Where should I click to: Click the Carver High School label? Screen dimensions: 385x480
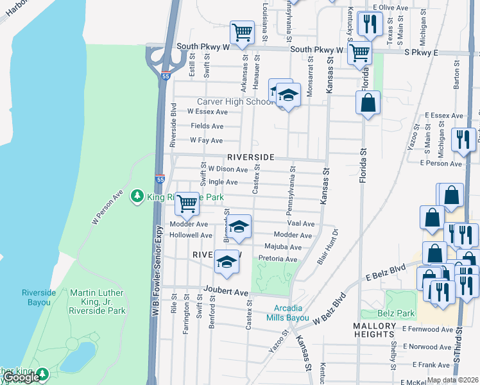click(x=235, y=101)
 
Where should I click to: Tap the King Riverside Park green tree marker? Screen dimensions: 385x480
click(x=137, y=196)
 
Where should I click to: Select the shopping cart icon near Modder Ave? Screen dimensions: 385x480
click(x=187, y=203)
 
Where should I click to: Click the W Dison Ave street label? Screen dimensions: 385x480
click(x=227, y=169)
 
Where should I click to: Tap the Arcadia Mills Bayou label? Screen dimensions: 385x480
click(x=288, y=312)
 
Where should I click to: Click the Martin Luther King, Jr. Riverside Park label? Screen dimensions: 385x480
click(x=98, y=302)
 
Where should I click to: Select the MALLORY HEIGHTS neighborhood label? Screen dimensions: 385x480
click(x=373, y=330)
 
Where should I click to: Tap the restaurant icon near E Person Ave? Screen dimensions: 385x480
click(x=463, y=139)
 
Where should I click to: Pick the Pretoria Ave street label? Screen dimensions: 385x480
click(x=278, y=259)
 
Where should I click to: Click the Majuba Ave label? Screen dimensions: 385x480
click(x=282, y=247)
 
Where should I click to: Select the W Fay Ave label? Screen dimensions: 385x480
click(x=206, y=141)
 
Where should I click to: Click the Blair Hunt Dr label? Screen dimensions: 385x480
click(x=327, y=246)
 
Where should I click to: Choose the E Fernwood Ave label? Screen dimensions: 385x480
click(x=428, y=329)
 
